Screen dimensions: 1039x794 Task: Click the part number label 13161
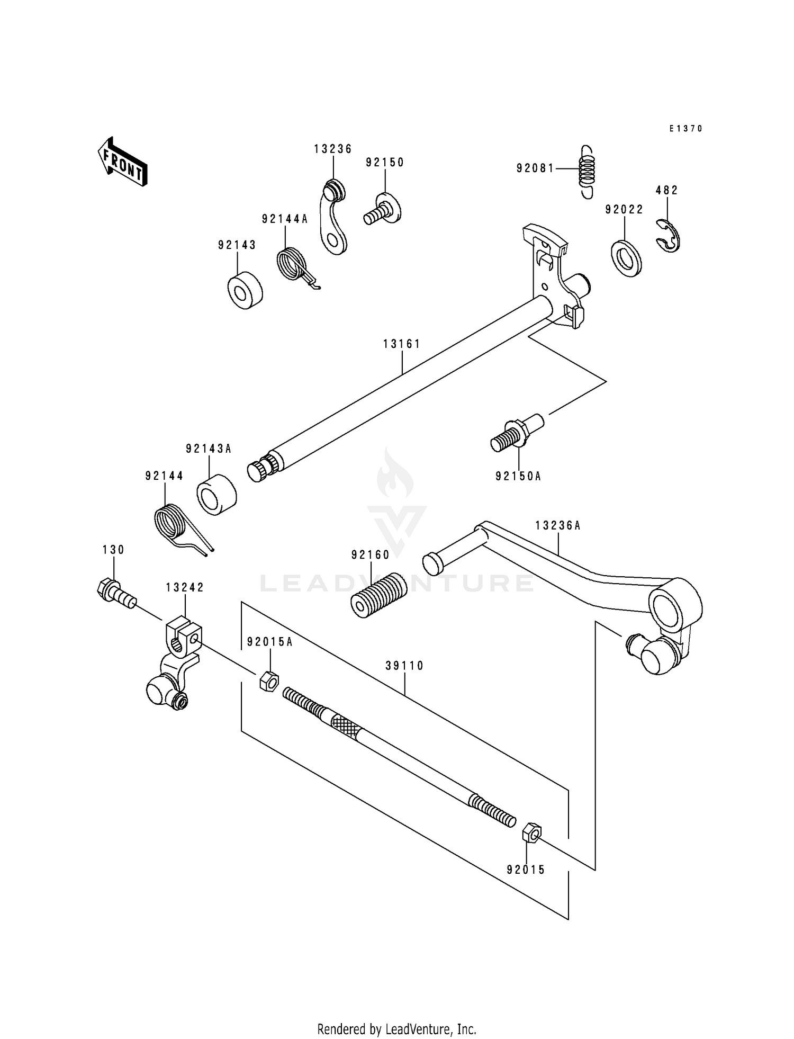[402, 344]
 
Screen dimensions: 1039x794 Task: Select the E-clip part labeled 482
[670, 237]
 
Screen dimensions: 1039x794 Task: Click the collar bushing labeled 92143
[245, 290]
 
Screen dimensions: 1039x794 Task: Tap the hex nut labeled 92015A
[269, 681]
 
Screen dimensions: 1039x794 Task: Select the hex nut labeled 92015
[531, 833]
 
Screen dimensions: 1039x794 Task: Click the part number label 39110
[404, 666]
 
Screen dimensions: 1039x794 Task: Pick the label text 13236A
[557, 525]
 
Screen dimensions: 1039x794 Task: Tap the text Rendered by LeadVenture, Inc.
[396, 1029]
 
